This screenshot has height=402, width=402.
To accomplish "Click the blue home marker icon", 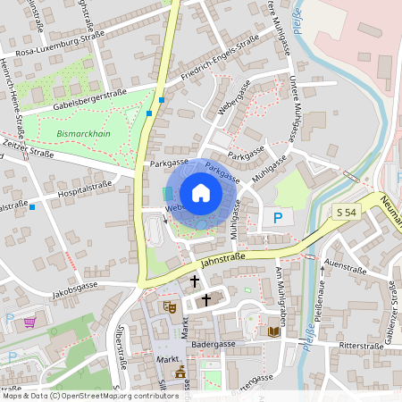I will coord(200,193).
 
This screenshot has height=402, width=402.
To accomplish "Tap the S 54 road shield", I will coord(347,212).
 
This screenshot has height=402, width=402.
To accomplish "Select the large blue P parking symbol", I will coord(277,217).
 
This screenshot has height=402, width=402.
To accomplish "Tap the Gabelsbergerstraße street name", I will coord(88,97).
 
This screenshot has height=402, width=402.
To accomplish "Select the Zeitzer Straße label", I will coord(29,151).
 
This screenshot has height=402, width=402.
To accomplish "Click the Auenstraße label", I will coord(347,265).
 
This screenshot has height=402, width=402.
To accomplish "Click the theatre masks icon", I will coord(168,306).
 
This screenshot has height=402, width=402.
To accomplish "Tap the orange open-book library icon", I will coord(274,331).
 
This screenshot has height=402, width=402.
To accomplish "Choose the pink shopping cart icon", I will coord(31,322).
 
